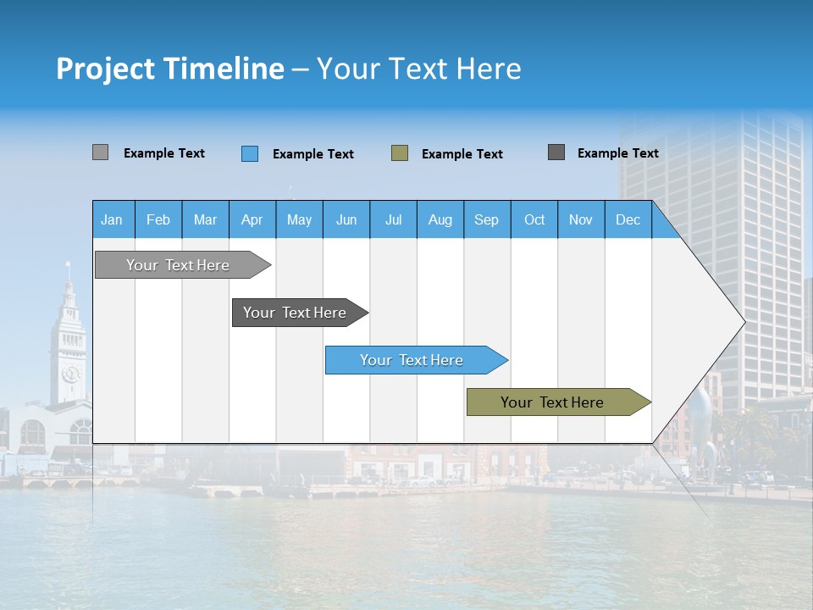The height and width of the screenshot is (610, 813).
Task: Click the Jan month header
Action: click(x=113, y=219)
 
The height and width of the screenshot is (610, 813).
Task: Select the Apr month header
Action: click(x=252, y=219)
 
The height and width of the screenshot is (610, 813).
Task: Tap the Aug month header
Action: click(x=440, y=219)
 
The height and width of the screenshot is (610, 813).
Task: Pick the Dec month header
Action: click(x=628, y=219)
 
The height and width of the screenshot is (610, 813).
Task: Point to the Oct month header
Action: click(x=534, y=219)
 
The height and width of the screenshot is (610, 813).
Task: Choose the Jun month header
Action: click(x=346, y=219)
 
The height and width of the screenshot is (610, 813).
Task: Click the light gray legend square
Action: click(x=100, y=152)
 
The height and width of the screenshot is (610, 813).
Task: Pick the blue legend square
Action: click(x=250, y=153)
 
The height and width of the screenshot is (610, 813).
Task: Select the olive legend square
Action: click(x=400, y=153)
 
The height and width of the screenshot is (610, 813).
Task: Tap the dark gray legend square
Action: click(x=556, y=152)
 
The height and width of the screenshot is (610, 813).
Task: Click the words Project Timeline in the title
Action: click(x=170, y=69)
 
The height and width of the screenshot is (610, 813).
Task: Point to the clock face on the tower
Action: click(x=70, y=373)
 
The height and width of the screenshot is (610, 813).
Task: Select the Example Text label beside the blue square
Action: click(x=313, y=154)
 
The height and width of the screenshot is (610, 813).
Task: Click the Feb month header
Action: click(x=158, y=219)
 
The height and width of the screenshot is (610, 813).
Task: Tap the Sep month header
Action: click(x=486, y=219)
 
